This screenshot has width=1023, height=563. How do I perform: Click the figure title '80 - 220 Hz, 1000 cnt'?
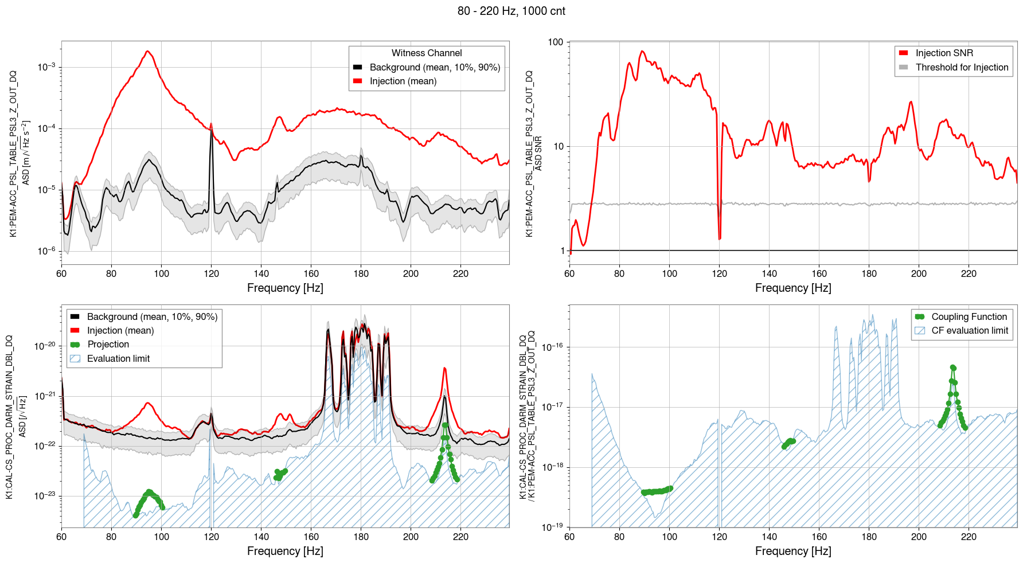(511, 11)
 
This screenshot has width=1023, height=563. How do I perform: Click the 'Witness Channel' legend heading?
(427, 53)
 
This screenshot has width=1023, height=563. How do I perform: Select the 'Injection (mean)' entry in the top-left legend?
(403, 81)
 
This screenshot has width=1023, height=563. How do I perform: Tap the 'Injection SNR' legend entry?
(944, 53)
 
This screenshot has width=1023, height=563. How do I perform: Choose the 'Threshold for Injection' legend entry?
(962, 67)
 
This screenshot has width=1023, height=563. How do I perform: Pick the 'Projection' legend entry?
(108, 344)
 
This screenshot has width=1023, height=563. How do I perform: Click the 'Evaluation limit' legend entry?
(118, 358)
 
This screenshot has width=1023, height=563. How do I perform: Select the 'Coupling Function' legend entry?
(969, 316)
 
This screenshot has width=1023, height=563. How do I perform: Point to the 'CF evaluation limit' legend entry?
(969, 330)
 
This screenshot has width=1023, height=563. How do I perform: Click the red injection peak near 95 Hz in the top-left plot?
(148, 52)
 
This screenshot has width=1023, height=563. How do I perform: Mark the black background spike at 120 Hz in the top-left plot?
(211, 124)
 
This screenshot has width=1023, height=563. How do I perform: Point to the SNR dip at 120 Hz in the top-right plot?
(720, 237)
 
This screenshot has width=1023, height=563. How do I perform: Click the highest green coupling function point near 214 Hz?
(952, 367)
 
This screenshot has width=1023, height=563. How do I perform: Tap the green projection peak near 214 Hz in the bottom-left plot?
(445, 425)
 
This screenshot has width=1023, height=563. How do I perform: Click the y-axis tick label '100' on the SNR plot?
(556, 42)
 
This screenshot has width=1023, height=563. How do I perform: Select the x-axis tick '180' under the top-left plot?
(361, 273)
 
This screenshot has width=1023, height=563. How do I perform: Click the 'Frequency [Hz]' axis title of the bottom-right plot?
(792, 551)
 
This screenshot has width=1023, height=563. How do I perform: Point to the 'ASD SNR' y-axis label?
(538, 153)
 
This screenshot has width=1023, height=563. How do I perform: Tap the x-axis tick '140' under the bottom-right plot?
(769, 537)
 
